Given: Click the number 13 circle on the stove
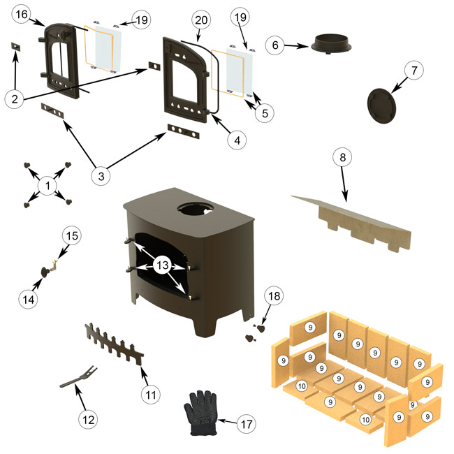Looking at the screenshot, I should tap(161, 266).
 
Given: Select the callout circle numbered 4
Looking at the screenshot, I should tap(237, 140).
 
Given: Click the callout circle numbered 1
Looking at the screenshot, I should tap(48, 186).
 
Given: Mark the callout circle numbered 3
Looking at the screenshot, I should tap(102, 177).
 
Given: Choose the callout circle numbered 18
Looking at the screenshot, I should tap(274, 298).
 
